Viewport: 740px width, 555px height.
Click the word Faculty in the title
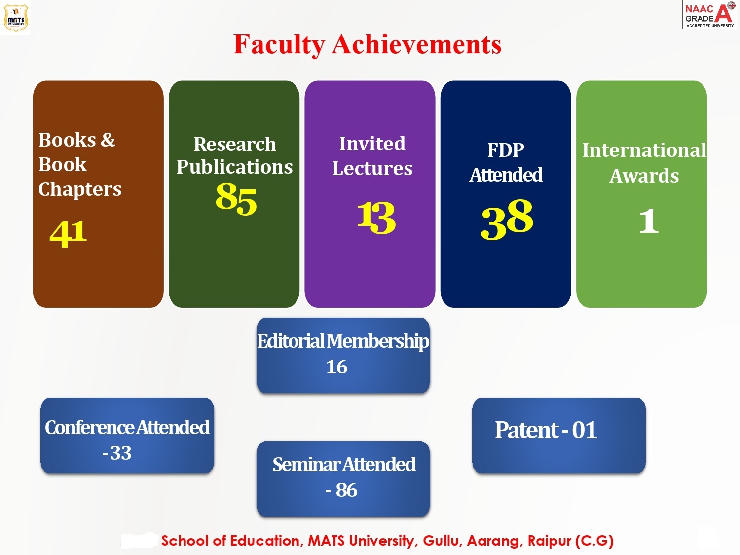(279, 44)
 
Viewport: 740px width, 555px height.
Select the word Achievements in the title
(417, 44)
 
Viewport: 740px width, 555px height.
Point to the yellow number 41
(68, 233)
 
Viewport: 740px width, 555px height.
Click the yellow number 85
(236, 198)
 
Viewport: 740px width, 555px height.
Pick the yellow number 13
(376, 218)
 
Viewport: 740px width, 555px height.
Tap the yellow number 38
(507, 219)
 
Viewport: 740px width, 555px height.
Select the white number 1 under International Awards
(649, 221)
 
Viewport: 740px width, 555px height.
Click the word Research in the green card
(235, 144)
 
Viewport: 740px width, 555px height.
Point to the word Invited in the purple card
(372, 144)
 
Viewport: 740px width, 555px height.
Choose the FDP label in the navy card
(506, 150)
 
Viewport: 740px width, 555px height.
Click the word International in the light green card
(644, 150)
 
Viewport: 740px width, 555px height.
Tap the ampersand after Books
(108, 140)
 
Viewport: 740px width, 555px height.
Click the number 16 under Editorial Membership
(336, 367)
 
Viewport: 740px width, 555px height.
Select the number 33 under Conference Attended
(121, 453)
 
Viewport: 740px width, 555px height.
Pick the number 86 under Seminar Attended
(346, 490)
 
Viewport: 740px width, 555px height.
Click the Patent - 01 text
(546, 430)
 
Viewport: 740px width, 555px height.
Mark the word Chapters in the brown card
(80, 189)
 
